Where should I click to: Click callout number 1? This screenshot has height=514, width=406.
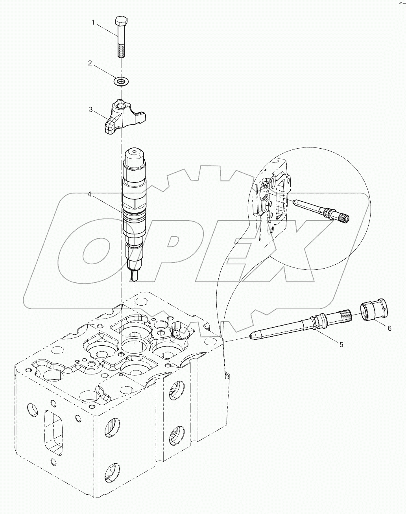(x=93, y=22)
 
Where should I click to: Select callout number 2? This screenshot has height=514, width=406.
(x=90, y=63)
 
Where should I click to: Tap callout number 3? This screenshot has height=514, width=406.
(x=90, y=109)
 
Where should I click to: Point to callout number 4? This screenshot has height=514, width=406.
(x=89, y=195)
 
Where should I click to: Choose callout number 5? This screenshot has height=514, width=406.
(x=341, y=345)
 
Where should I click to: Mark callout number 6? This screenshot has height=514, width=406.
(x=389, y=328)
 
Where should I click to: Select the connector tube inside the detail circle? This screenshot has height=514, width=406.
(x=321, y=210)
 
